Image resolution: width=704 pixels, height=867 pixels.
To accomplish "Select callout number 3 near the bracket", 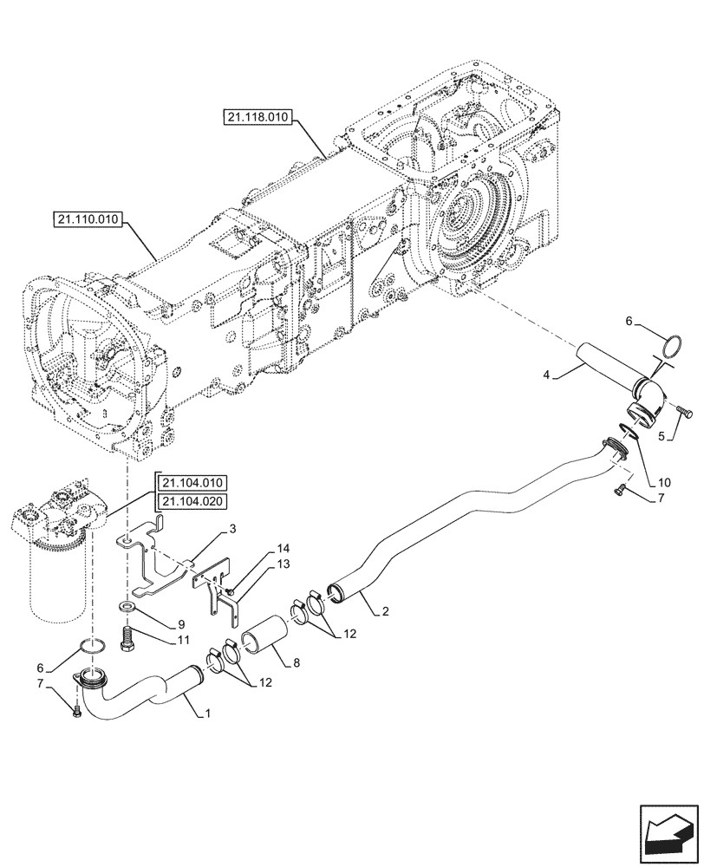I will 233,528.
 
